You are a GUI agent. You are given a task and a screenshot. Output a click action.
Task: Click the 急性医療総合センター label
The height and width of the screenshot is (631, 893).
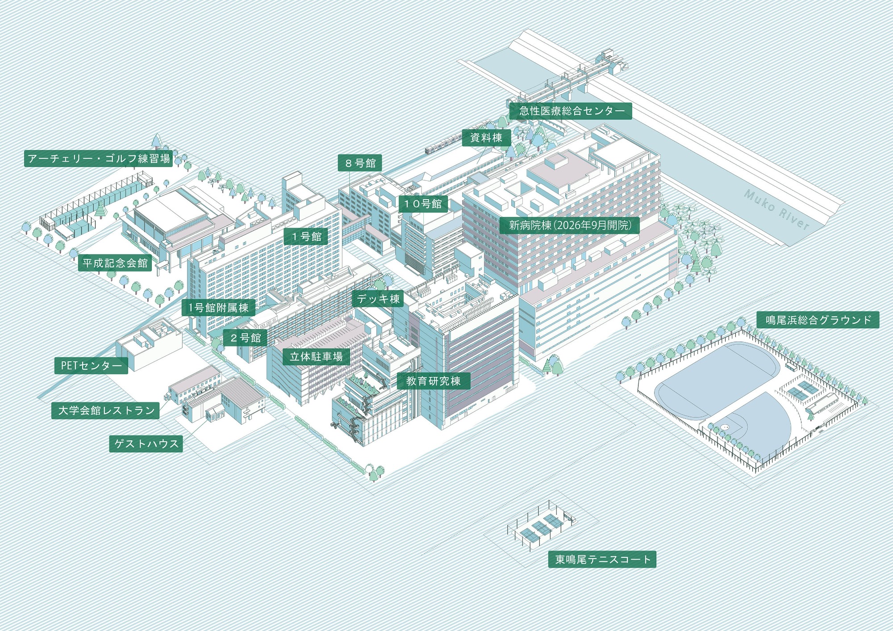coord(571,111)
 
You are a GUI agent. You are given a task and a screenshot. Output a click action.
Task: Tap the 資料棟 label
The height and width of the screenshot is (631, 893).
coord(486,138)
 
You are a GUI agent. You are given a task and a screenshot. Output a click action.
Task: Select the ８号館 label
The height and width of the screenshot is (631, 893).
coord(360,163)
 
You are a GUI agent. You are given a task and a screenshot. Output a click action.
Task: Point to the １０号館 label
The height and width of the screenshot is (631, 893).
coord(423,204)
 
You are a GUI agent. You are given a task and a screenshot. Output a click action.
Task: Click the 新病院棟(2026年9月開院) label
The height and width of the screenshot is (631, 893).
coord(570,225)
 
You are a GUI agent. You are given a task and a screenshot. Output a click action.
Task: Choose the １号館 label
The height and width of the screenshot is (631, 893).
coord(306,237)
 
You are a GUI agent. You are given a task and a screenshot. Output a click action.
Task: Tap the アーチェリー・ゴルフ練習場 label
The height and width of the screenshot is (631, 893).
coord(99,159)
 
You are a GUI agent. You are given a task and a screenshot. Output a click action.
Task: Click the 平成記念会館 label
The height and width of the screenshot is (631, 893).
coord(115,263)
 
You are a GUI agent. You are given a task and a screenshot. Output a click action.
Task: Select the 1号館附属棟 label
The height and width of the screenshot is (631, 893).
coord(218,308)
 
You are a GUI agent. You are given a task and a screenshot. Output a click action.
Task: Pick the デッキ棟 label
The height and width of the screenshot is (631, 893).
coord(378,299)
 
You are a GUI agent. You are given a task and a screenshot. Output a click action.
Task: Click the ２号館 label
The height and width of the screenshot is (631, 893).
coord(246,338)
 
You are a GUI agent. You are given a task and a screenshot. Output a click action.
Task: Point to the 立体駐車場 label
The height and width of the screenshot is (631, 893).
coord(316,357)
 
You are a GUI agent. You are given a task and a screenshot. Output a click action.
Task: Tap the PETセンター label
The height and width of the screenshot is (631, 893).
coord(91,366)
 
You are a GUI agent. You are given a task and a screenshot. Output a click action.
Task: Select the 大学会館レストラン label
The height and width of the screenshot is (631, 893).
coord(106,410)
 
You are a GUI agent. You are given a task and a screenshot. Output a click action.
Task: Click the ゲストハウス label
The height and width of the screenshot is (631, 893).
coord(146,444)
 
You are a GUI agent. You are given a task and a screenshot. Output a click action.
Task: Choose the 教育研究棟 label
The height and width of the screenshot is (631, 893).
coord(433,381)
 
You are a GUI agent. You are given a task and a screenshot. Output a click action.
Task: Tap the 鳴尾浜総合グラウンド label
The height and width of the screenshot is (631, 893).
coord(818,320)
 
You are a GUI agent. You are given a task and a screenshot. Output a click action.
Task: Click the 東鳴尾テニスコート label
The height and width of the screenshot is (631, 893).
coord(602,559)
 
